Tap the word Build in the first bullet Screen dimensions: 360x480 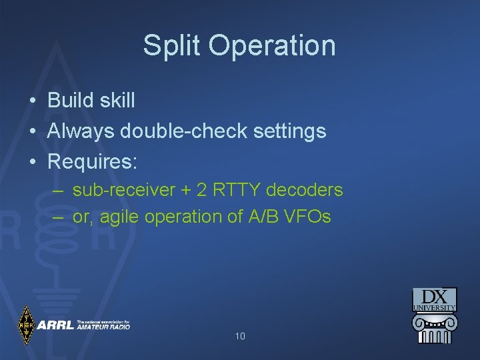coord(71,101)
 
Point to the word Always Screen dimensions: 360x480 coord(81,131)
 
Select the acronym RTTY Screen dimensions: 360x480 coord(237,190)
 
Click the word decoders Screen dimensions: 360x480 coord(305,190)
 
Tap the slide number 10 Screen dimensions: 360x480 coord(240,336)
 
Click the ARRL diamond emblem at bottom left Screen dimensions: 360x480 coord(26,325)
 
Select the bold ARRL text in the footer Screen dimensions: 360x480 coord(55,325)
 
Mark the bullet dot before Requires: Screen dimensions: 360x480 coord(33,161)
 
